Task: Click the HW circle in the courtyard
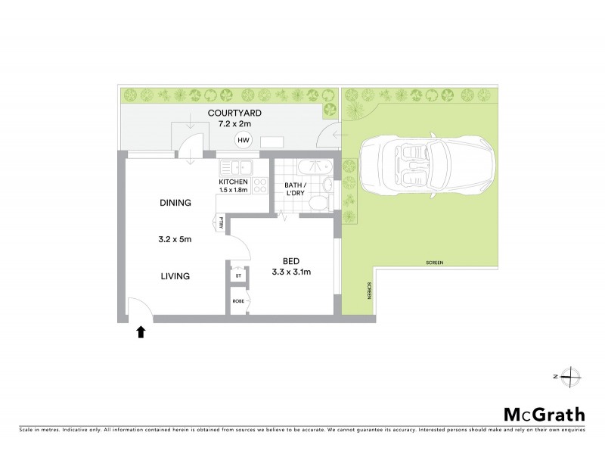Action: coord(243,141)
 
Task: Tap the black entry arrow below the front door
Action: coord(140,331)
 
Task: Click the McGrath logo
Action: coord(544,414)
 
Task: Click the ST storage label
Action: coord(238,275)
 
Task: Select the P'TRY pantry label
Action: coord(220,222)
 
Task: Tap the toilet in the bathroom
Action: coord(321,201)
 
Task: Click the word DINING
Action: coord(175,203)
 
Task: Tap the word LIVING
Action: coord(175,276)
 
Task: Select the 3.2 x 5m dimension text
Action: coord(175,240)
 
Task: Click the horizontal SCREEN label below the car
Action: coord(434,263)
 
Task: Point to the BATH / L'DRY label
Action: coord(296,190)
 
